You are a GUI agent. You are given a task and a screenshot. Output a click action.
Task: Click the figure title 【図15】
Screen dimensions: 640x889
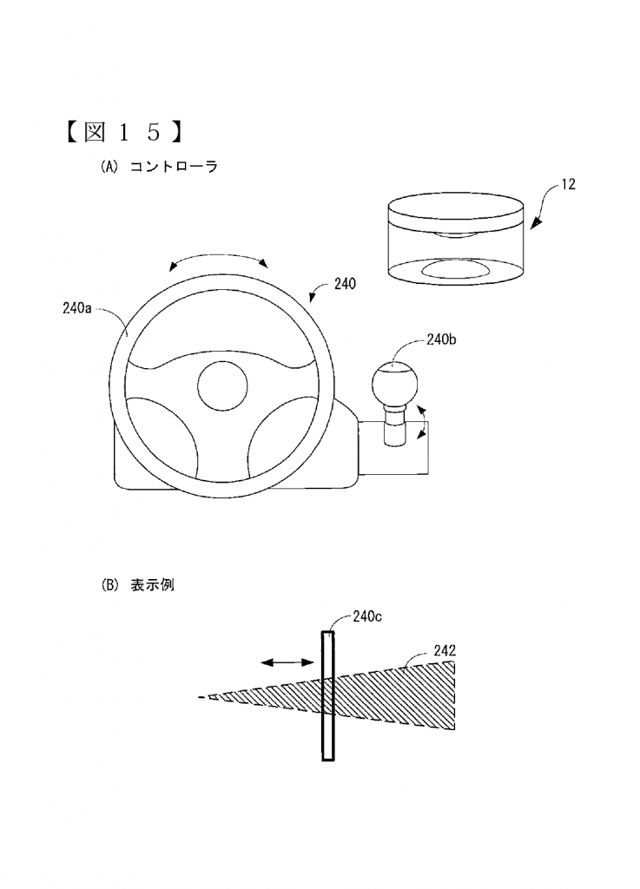click(x=123, y=133)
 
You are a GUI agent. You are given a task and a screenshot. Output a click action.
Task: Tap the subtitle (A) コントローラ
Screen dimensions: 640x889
click(x=159, y=167)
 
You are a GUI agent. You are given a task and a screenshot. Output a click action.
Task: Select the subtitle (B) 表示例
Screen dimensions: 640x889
click(x=137, y=585)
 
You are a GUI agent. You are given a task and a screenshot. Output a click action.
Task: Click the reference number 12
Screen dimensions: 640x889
click(x=568, y=184)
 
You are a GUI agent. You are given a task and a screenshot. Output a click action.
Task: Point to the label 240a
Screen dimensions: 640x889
click(x=77, y=308)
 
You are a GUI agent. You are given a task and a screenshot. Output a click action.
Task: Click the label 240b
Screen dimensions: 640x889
click(x=441, y=339)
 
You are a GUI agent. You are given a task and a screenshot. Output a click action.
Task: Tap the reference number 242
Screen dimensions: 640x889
click(x=445, y=650)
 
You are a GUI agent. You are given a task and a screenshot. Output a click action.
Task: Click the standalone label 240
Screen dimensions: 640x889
click(x=345, y=284)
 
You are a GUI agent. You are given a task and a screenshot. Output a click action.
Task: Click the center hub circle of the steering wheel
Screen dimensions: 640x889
click(x=222, y=385)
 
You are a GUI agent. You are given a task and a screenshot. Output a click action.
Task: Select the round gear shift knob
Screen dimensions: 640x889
click(x=394, y=384)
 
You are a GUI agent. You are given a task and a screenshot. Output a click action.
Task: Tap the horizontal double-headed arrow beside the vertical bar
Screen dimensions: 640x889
click(x=287, y=662)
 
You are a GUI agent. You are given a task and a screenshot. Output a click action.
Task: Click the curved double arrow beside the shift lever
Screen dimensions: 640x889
click(x=424, y=423)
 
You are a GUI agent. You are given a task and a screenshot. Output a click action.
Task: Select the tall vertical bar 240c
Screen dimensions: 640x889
click(x=327, y=695)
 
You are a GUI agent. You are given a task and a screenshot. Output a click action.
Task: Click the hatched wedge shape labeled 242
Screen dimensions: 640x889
click(x=363, y=695)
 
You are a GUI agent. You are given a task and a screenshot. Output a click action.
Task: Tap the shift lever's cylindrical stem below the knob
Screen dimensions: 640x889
click(x=394, y=425)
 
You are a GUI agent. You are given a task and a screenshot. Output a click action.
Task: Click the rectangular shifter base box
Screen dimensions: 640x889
click(x=393, y=448)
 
